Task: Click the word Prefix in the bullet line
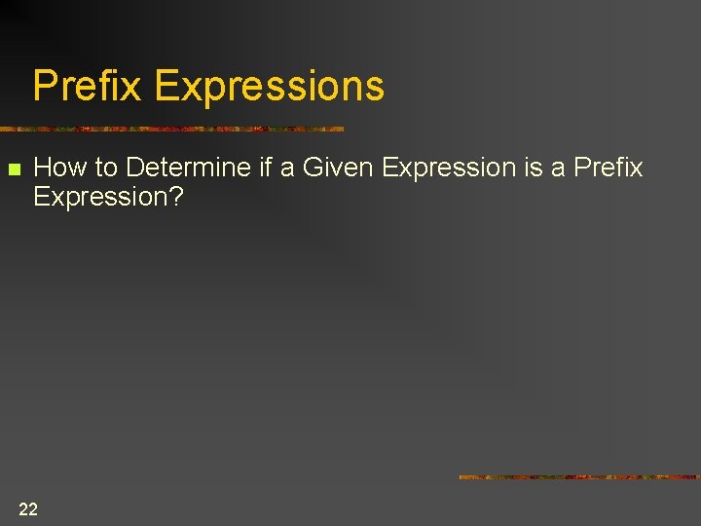coord(609,168)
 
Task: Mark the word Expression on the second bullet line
coord(99,198)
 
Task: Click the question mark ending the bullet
coord(176,197)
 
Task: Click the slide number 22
coord(28,508)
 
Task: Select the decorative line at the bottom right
coord(579,477)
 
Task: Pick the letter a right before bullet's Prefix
coord(559,169)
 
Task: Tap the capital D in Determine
coord(134,168)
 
